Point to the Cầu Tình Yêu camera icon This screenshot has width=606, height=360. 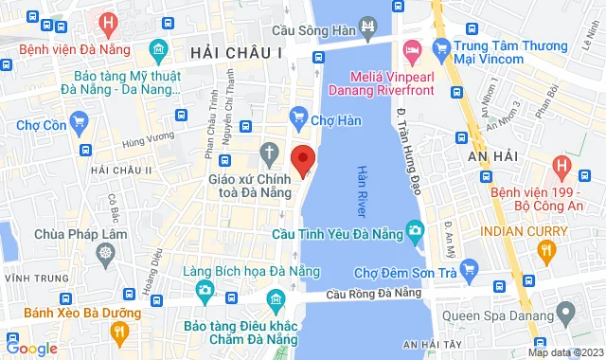point(415,230)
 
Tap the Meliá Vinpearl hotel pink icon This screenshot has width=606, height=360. point(412,49)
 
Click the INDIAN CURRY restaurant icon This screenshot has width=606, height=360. point(544,251)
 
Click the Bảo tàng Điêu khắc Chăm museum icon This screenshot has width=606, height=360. point(275,302)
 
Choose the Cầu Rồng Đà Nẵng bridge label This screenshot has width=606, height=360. point(372,295)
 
